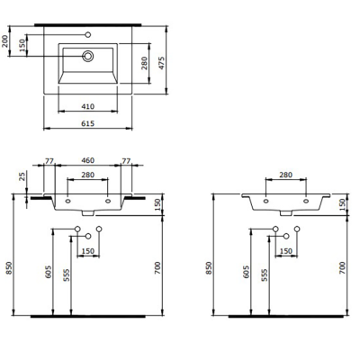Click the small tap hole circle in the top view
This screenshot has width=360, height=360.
point(87,35)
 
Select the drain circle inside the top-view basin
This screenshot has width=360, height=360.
point(87,56)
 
